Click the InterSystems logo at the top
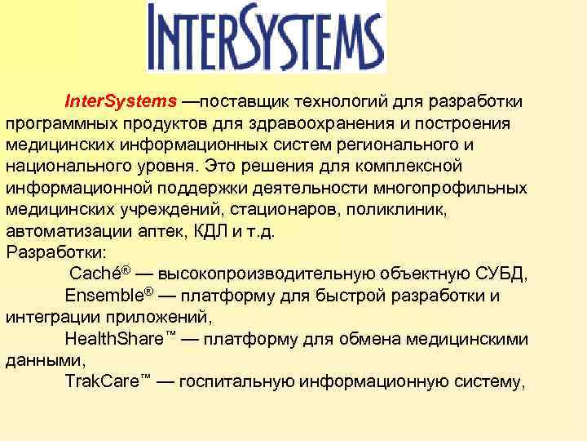coord(266,38)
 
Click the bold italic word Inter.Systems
coord(121,101)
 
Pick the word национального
coord(64,166)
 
